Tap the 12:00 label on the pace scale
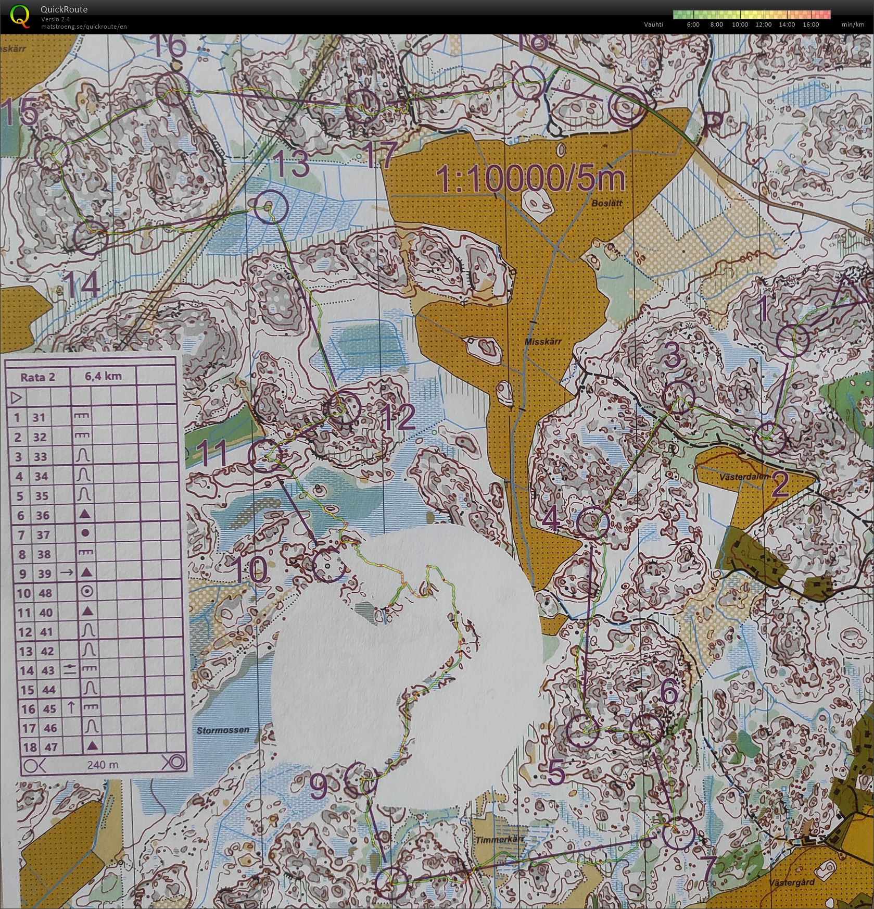(x=763, y=24)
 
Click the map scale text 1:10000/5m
(x=531, y=179)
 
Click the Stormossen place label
(x=223, y=730)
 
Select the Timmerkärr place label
(x=499, y=840)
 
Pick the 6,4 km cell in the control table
(x=103, y=376)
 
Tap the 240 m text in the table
(x=103, y=764)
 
